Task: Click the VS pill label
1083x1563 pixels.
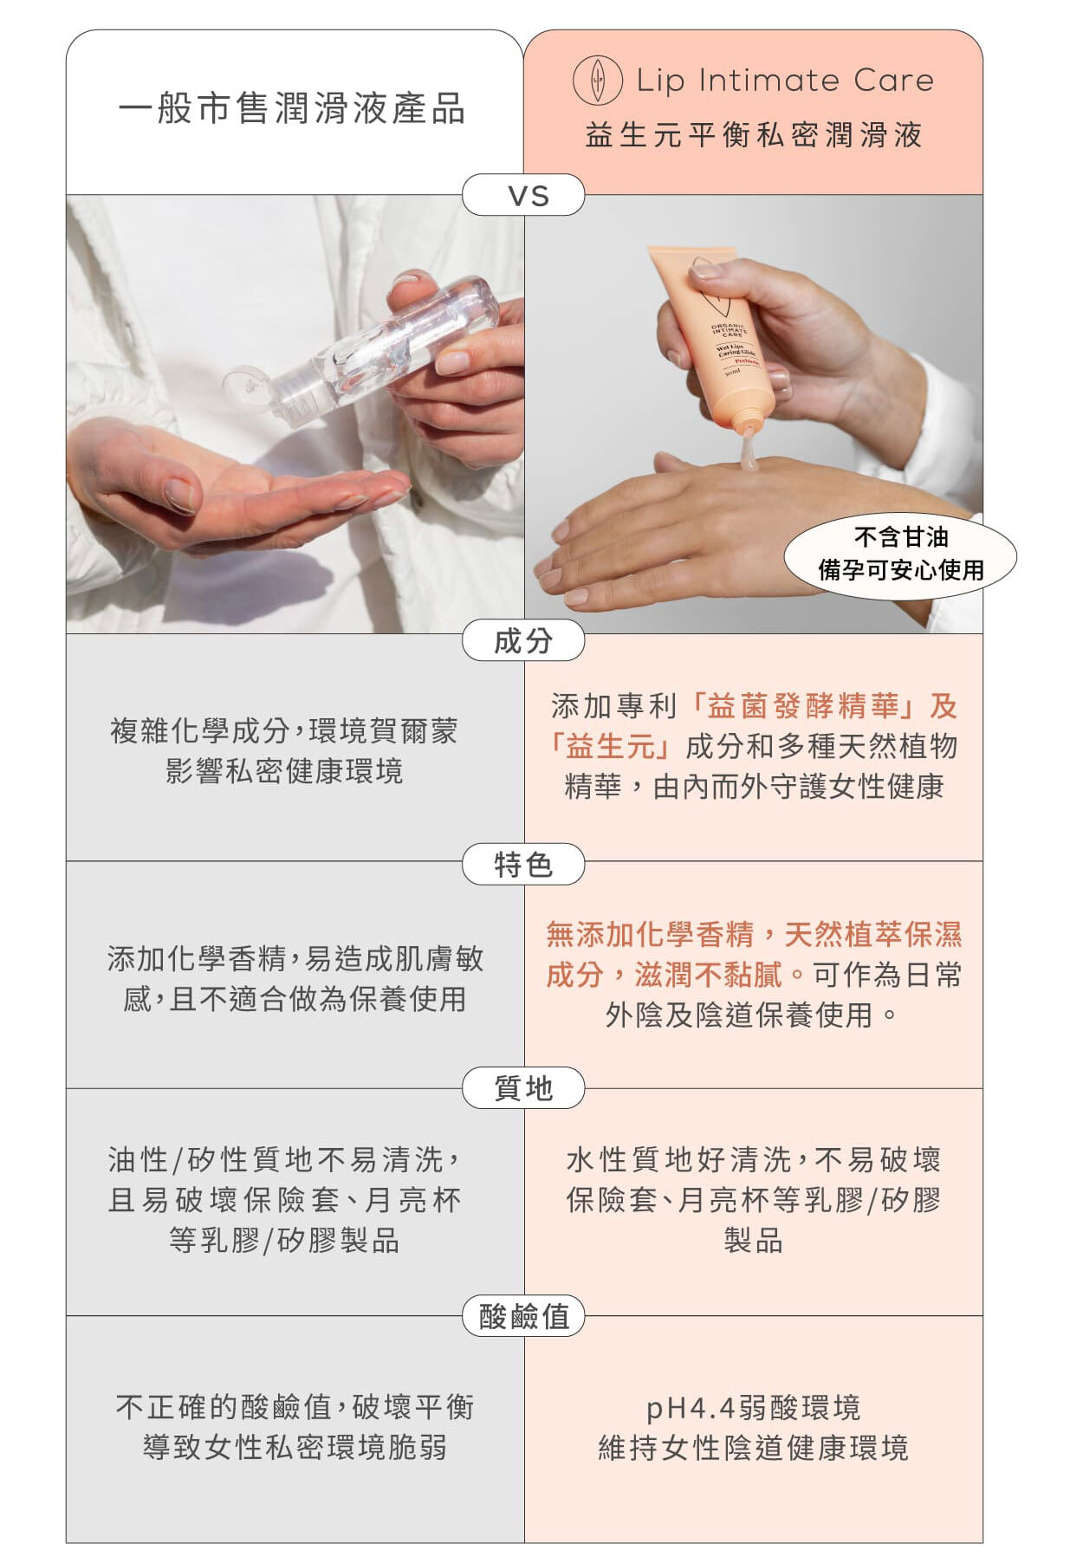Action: (x=523, y=195)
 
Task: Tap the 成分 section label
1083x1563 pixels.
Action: (x=523, y=641)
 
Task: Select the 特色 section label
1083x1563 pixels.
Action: (x=523, y=865)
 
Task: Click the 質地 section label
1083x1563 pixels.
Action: (x=523, y=1088)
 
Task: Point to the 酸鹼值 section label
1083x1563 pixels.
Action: (x=523, y=1317)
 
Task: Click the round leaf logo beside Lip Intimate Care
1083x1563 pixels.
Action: (x=597, y=81)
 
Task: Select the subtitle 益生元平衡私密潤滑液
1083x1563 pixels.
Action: (x=754, y=135)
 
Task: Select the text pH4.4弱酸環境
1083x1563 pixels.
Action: (x=754, y=1408)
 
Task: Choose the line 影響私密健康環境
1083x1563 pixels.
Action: (x=284, y=771)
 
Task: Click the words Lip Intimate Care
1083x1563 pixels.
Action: (x=785, y=81)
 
